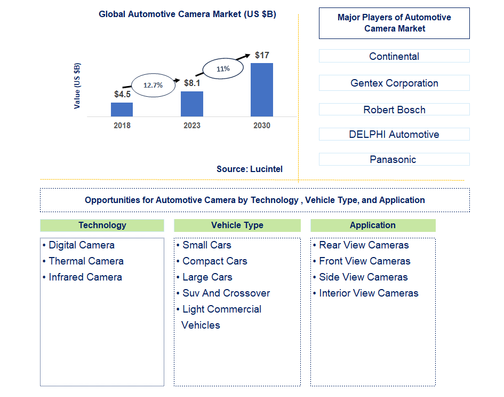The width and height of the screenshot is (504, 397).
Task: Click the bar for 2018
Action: point(122,110)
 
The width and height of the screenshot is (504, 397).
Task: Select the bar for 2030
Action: point(261,90)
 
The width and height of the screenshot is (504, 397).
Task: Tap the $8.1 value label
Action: point(192,83)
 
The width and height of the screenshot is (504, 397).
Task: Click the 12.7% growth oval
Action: point(154,84)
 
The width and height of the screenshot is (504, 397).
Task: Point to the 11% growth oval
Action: point(223,68)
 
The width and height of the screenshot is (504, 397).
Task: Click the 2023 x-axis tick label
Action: point(192,126)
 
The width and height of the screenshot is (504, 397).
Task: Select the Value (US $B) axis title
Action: point(78,85)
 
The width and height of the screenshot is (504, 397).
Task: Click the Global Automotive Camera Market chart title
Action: point(187,14)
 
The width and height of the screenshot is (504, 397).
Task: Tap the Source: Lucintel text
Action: point(250,169)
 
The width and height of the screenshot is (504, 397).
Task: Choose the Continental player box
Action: point(394,56)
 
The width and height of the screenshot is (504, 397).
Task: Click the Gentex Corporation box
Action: point(394,83)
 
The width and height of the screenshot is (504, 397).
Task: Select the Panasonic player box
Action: point(394,159)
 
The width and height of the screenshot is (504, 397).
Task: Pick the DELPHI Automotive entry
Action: point(394,134)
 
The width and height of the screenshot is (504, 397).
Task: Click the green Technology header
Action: point(102,225)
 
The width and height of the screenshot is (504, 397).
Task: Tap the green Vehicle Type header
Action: point(237,225)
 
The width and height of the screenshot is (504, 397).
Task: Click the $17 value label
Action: point(262,55)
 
